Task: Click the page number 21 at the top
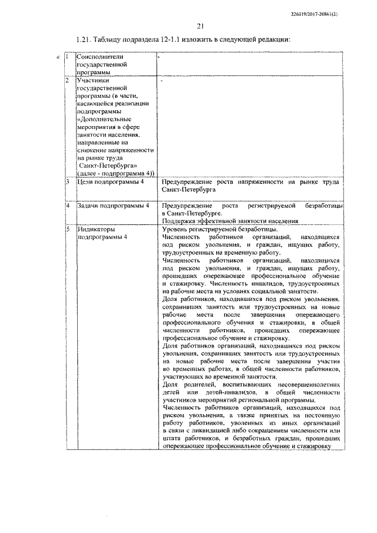point(200,25)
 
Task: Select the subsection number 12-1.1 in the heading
point(181,39)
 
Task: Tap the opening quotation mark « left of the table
point(57,57)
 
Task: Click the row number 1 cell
point(68,57)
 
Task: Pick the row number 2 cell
point(68,79)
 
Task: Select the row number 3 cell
point(68,182)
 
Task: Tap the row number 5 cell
point(68,229)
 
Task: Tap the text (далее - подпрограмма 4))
point(115,173)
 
